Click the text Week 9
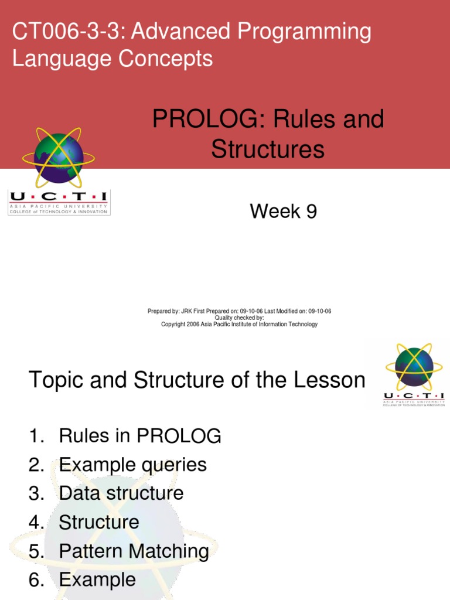point(283,211)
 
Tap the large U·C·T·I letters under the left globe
point(59,198)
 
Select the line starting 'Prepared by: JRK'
point(239,311)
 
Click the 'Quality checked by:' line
point(239,318)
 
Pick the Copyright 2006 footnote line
point(239,324)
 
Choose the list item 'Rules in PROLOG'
point(140,436)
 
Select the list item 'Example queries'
point(132,465)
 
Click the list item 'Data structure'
point(121,493)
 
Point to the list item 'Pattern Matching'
point(134,551)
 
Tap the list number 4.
point(36,522)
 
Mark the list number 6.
point(36,579)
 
